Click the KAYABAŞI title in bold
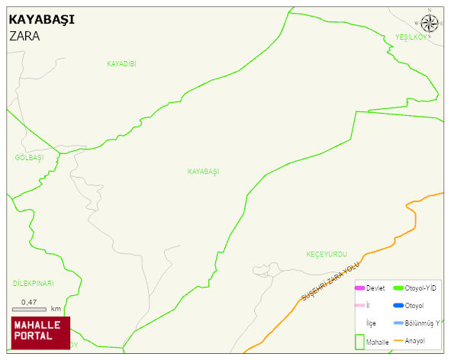41,19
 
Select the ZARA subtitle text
24,36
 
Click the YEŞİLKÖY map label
411,38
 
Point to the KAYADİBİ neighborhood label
121,64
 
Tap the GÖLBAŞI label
29,158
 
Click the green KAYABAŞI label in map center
203,172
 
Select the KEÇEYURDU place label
327,253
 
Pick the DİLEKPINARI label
33,284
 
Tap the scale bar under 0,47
29,310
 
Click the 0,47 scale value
29,302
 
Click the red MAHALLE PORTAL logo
40,332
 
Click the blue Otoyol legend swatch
398,306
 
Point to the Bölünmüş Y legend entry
422,323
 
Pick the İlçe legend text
371,323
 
